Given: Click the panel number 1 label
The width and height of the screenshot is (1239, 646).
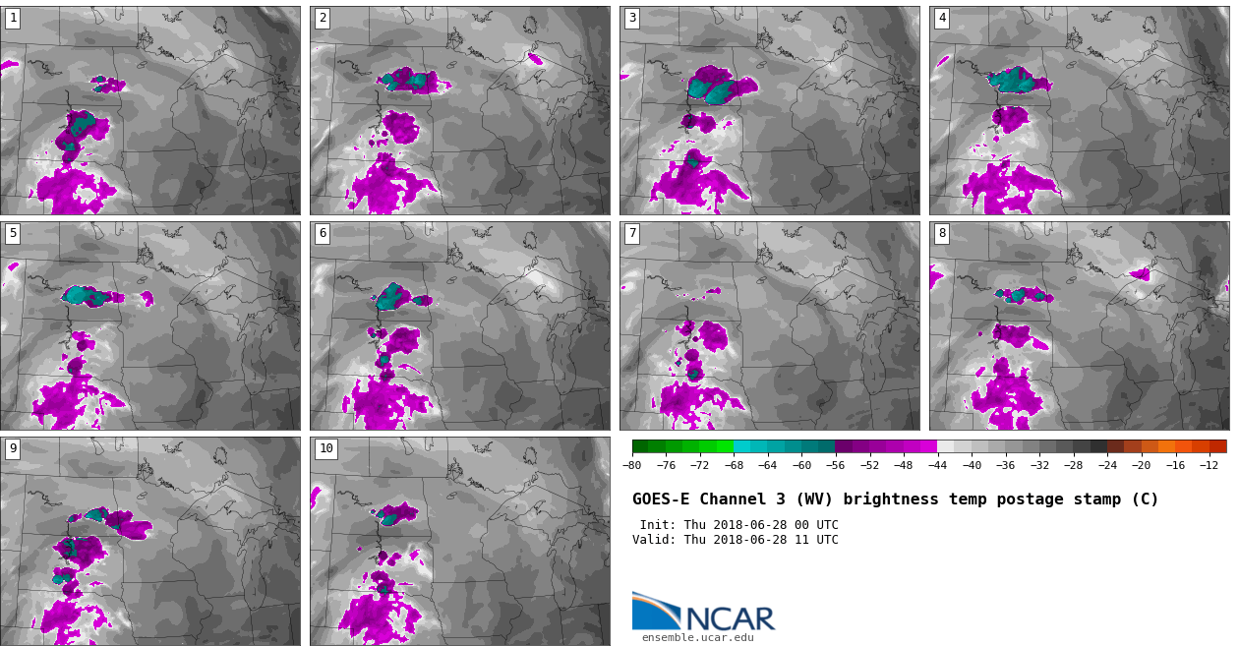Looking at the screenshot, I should coord(13,18).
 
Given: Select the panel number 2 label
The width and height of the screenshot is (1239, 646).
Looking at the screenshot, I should coord(323,18).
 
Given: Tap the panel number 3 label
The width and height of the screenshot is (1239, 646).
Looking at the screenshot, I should coord(632,18).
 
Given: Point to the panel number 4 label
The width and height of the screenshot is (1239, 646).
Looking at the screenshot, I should coord(942,18).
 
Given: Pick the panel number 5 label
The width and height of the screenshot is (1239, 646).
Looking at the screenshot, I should coord(13,233).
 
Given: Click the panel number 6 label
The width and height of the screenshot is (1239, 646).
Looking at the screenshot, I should coord(323,233).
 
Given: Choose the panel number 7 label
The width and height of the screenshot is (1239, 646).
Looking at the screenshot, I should coord(632,233).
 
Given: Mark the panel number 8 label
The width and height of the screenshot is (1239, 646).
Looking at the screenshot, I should coord(942,233).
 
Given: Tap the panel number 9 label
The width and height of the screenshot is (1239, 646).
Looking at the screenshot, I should coord(13,448).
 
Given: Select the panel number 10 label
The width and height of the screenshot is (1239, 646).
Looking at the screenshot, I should coord(325,448).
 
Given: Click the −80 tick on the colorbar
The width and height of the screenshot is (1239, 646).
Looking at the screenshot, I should coord(632,465).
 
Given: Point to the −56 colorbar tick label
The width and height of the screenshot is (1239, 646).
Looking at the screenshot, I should coord(835,465).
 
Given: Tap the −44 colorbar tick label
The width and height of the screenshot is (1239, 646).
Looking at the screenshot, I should coord(937,465).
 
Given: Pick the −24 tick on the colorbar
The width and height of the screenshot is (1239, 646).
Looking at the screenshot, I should coord(1107,465).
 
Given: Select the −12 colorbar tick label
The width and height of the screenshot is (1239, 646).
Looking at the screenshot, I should coord(1209,465).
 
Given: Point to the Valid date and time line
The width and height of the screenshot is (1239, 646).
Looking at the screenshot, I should coord(736,540).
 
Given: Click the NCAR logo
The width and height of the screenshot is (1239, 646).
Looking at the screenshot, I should coord(703,613).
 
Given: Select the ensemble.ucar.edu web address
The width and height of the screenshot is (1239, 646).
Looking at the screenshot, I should coord(698,637).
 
